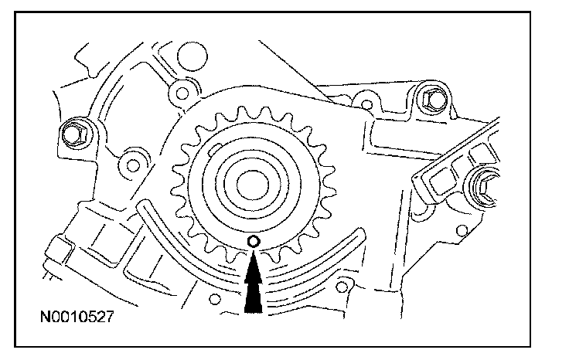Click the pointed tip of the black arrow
click(253, 256)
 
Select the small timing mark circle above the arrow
click(253, 243)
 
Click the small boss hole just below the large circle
click(182, 94)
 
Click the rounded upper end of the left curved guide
click(144, 206)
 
